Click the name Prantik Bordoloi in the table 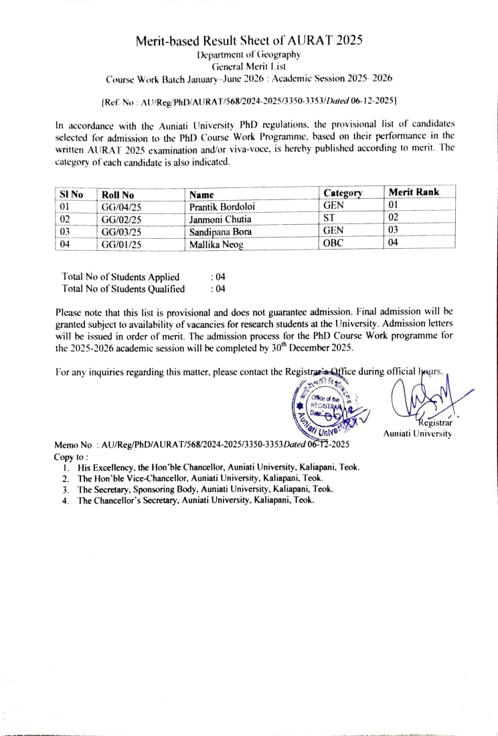pyautogui.click(x=222, y=207)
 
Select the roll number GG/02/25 pyautogui.click(x=121, y=219)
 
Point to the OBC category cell pyautogui.click(x=333, y=244)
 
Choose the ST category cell pyautogui.click(x=329, y=219)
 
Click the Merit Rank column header pyautogui.click(x=414, y=193)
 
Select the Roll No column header pyautogui.click(x=118, y=195)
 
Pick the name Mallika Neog pyautogui.click(x=216, y=244)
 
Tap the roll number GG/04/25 pyautogui.click(x=121, y=207)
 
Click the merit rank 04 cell pyautogui.click(x=394, y=244)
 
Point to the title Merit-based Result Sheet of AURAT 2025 pyautogui.click(x=249, y=41)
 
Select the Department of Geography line pyautogui.click(x=249, y=54)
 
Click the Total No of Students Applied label pyautogui.click(x=120, y=276)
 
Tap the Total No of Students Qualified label pyautogui.click(x=123, y=288)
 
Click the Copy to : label pyautogui.click(x=71, y=456)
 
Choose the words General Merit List pyautogui.click(x=249, y=66)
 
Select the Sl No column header pyautogui.click(x=72, y=195)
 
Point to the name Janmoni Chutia pyautogui.click(x=220, y=219)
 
